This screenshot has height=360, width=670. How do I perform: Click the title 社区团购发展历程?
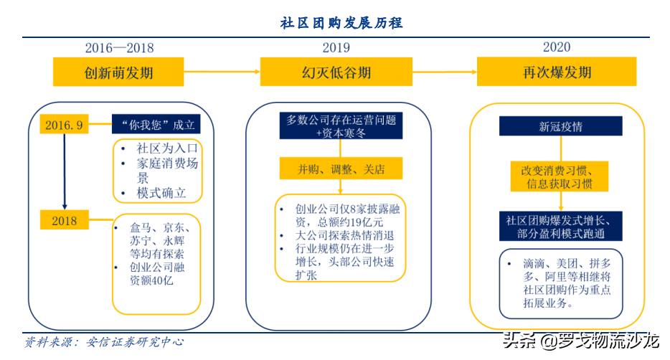click(341, 23)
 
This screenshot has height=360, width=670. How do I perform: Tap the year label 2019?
click(336, 48)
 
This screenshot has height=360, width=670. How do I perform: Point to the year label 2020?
click(556, 47)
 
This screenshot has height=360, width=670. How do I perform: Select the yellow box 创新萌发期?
click(118, 72)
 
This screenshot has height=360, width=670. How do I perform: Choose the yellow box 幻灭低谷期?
click(336, 72)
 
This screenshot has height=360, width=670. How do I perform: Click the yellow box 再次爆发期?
click(557, 72)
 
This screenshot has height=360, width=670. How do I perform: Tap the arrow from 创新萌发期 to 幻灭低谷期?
click(222, 72)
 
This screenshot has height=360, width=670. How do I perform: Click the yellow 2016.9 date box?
click(64, 125)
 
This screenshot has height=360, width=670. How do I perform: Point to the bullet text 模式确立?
click(161, 193)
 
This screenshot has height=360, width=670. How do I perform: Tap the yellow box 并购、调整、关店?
click(341, 169)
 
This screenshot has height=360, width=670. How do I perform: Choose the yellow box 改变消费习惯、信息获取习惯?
click(561, 176)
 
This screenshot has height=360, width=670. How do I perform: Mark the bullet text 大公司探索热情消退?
click(345, 235)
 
